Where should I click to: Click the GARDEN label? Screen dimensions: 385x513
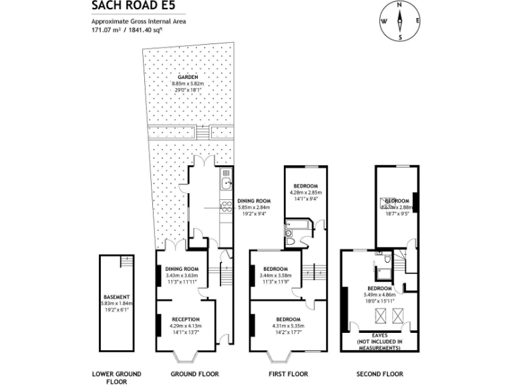188,78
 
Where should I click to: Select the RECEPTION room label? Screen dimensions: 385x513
185,319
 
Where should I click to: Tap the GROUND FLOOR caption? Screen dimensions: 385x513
194,374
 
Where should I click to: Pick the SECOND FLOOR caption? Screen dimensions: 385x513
379,374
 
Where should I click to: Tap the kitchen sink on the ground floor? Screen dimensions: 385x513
226,178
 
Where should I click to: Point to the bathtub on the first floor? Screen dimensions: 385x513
298,226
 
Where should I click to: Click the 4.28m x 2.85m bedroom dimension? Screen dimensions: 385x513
304,192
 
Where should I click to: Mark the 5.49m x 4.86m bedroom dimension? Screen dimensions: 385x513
379,295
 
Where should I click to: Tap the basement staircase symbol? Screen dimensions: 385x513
125,261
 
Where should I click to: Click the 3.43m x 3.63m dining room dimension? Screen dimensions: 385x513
182,275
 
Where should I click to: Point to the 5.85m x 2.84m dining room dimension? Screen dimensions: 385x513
254,208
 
